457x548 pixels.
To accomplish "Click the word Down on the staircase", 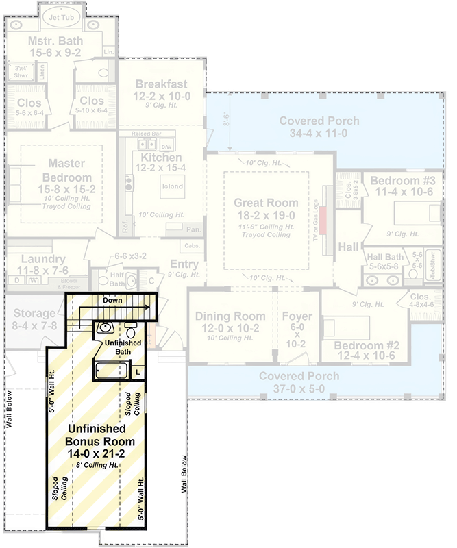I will [x=113, y=301].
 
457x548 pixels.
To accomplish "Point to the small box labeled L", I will [x=138, y=371].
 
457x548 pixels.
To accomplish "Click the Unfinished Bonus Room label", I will [x=101, y=434].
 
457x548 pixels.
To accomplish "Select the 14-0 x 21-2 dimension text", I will [x=101, y=453].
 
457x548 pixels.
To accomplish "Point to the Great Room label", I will [x=266, y=203].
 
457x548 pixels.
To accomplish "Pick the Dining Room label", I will [x=230, y=316].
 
